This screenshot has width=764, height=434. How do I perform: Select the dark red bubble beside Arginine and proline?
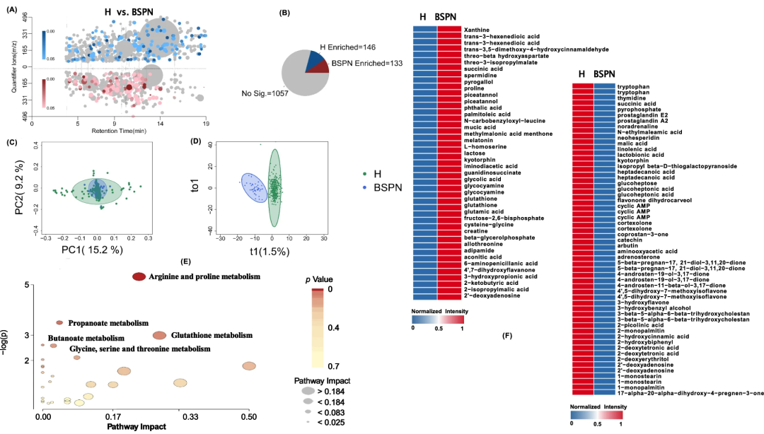pos(139,276)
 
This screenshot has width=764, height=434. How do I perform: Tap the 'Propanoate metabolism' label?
pos(108,323)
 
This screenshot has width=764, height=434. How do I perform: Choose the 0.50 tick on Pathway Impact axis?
pos(248,418)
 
